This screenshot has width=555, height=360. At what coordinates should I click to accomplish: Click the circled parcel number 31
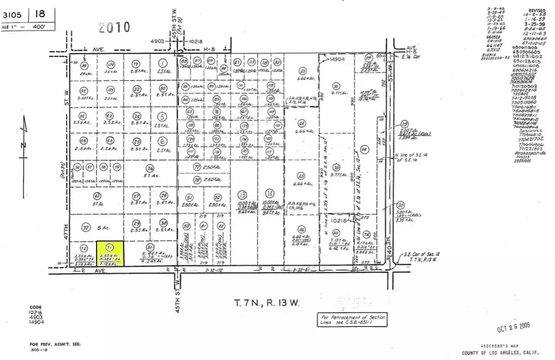tap(150, 247)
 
